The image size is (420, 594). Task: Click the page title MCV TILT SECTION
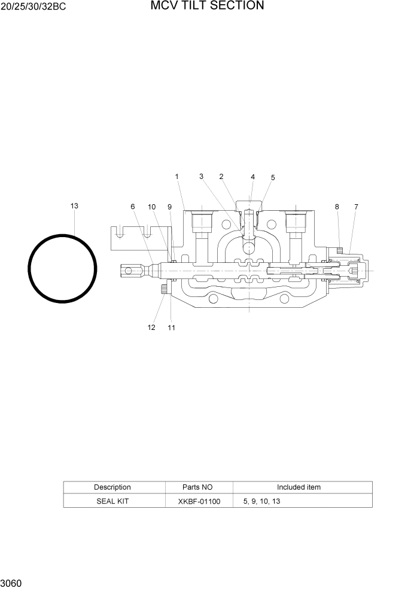click(207, 6)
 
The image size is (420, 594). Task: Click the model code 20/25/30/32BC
click(33, 8)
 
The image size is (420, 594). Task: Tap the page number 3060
click(11, 583)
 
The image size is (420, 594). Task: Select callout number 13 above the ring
click(74, 206)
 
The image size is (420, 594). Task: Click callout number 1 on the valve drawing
click(177, 177)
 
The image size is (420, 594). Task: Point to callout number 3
click(202, 177)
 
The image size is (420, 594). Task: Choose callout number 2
click(221, 177)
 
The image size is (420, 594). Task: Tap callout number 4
click(252, 177)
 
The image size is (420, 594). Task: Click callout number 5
click(273, 178)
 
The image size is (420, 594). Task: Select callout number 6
click(133, 207)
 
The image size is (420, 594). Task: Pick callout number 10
click(152, 207)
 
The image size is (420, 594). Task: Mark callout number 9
click(169, 207)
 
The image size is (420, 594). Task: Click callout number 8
click(337, 207)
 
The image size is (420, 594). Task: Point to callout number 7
click(356, 207)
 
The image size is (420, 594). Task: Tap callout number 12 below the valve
click(151, 328)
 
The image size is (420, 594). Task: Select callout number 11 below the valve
click(171, 328)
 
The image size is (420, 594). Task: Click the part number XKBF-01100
click(199, 501)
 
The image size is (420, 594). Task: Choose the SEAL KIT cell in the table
click(112, 501)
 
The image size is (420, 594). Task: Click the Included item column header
click(299, 487)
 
